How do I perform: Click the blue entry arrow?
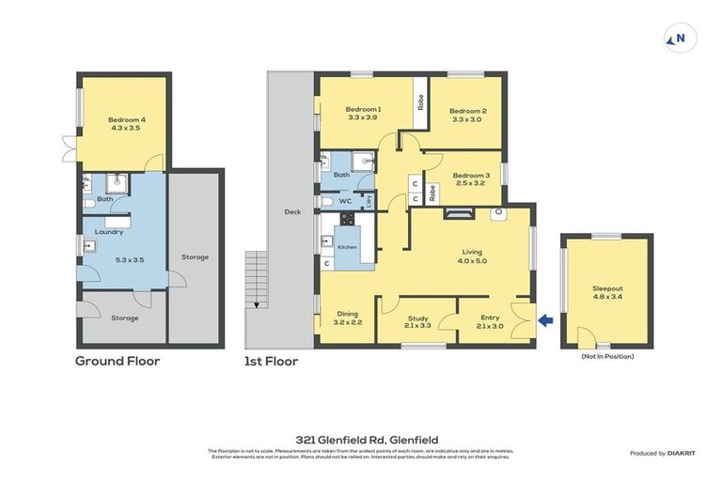click(546, 322)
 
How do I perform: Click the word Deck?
click(292, 211)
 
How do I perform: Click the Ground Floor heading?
click(118, 361)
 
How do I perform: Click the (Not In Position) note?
click(607, 357)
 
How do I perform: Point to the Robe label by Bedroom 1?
click(420, 101)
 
